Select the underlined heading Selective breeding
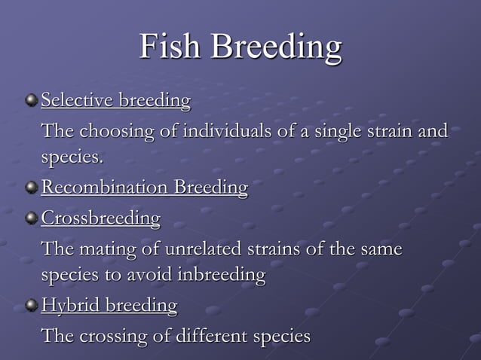click(x=115, y=100)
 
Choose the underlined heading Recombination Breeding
click(x=144, y=188)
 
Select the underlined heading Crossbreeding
click(x=100, y=218)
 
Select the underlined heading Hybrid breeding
click(x=109, y=306)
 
